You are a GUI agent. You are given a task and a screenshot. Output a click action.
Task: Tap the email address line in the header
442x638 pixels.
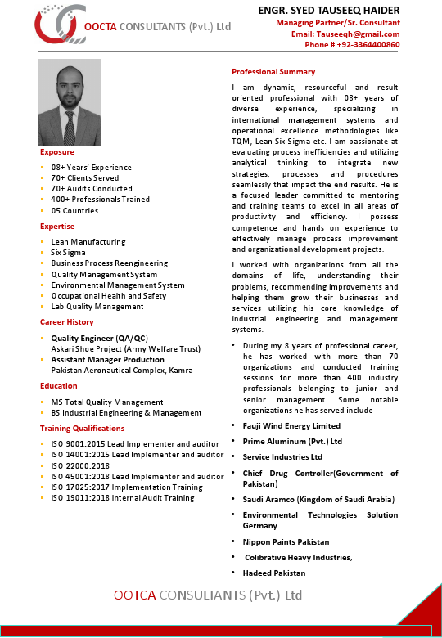345,34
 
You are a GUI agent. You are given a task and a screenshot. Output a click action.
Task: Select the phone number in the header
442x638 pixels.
352,45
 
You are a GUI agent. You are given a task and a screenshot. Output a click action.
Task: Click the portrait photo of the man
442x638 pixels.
70,103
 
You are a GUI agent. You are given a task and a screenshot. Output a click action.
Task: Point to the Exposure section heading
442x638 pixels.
57,152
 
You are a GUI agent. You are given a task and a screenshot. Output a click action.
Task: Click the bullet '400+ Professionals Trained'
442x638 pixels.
100,199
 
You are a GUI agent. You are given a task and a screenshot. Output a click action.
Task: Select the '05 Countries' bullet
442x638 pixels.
74,210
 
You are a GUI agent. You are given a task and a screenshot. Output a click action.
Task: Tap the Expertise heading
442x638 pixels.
57,227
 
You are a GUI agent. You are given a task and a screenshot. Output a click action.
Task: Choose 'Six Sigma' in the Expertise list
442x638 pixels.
68,253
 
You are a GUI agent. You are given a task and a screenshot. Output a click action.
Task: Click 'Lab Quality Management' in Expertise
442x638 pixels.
97,307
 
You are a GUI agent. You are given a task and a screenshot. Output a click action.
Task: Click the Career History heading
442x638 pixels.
67,322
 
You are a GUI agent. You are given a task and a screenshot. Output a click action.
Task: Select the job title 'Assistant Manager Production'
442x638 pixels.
107,359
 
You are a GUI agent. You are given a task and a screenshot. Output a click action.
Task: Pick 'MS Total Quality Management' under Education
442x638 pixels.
106,402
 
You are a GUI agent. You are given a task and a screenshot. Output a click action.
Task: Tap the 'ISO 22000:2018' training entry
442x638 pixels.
80,465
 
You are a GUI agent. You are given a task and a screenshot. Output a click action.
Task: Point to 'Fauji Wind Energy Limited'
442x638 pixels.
291,426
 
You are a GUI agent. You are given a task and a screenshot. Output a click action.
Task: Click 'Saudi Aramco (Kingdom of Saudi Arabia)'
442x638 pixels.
318,499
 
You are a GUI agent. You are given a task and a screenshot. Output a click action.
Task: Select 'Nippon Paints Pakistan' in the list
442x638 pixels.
286,542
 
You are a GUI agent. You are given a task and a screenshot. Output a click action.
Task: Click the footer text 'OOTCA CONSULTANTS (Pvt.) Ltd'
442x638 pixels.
208,595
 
